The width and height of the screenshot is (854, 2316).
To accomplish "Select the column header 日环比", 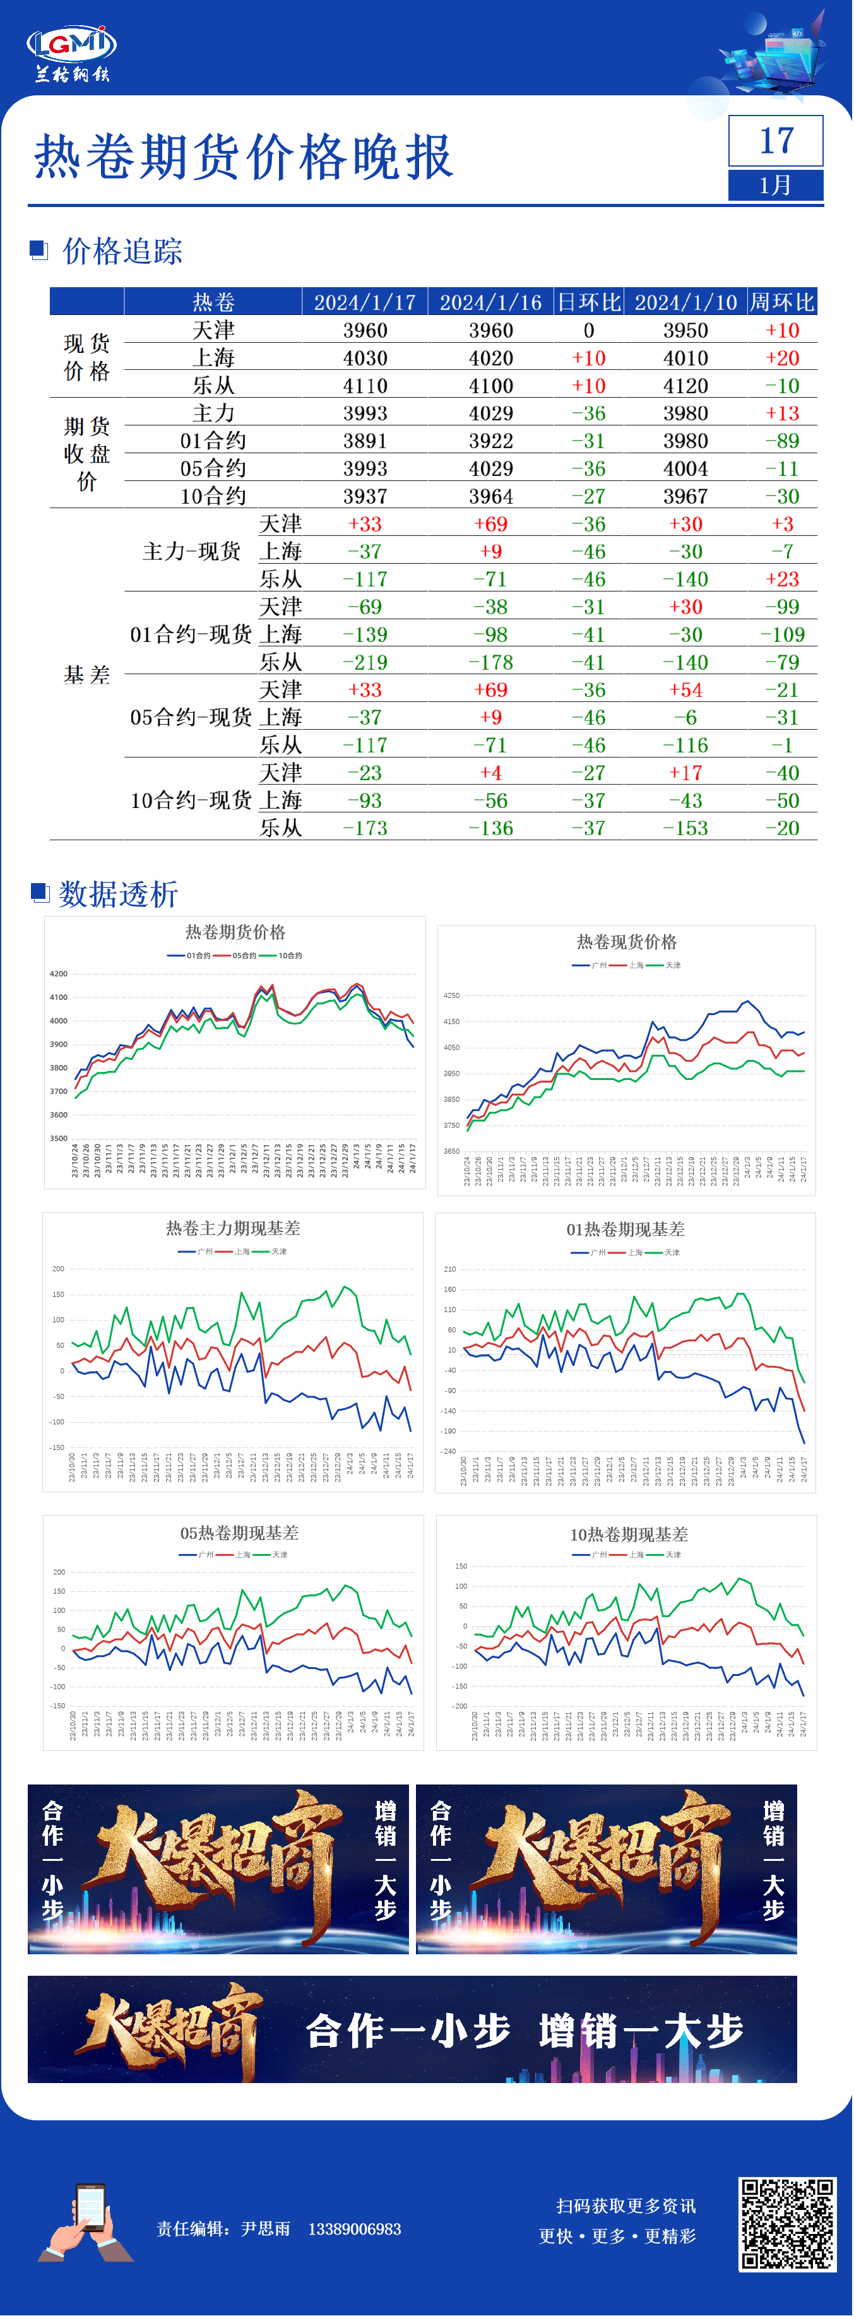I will (x=589, y=302).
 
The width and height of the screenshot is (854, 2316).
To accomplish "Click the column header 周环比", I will (x=782, y=302).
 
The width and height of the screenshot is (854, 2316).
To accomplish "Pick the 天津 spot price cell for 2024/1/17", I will (x=365, y=331).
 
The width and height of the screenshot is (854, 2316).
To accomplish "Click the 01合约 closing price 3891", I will (x=365, y=441).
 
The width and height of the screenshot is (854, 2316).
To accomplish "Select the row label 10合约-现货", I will (x=191, y=801).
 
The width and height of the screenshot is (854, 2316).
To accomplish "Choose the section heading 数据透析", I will (x=118, y=894).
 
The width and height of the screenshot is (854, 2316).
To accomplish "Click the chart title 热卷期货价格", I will (x=235, y=932).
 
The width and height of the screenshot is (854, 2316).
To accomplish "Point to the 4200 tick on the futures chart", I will (x=59, y=975).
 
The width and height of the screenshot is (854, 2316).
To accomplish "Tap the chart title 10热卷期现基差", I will (x=629, y=1535).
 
